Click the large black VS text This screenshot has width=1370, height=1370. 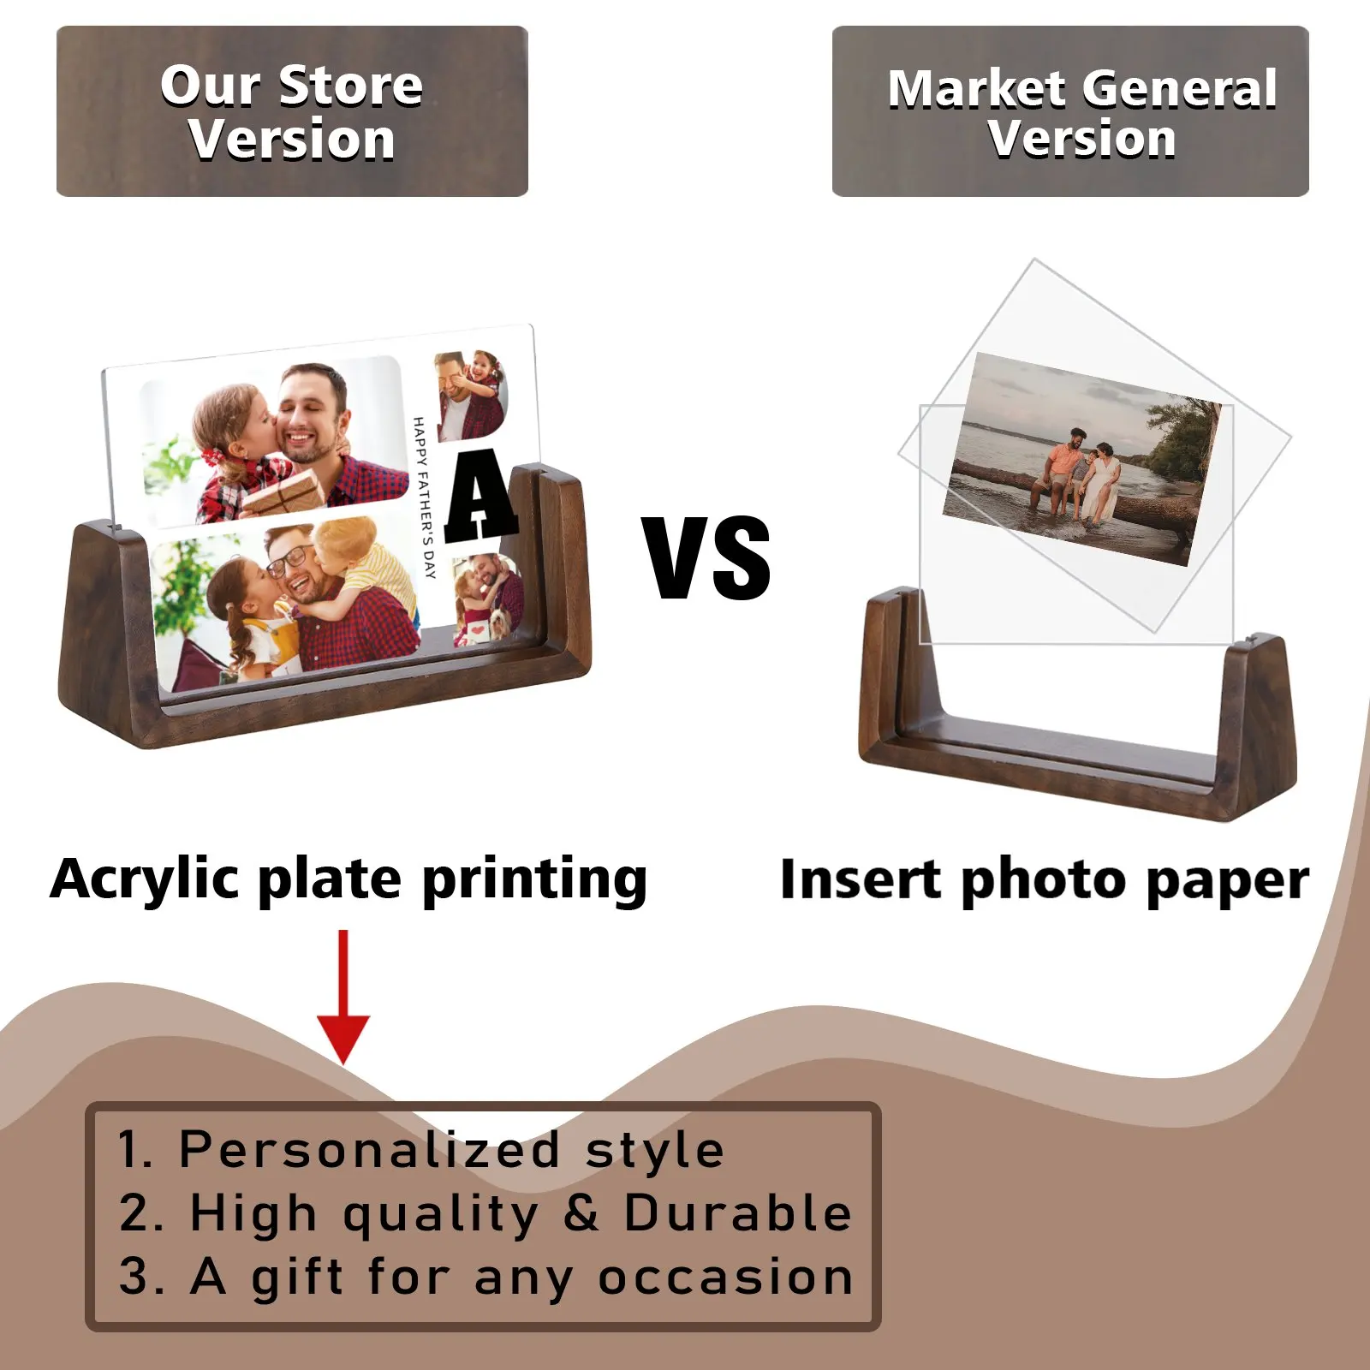pos(707,558)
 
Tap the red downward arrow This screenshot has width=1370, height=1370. pos(343,997)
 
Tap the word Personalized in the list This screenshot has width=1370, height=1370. pos(369,1149)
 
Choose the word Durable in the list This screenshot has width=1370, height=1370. pos(738,1212)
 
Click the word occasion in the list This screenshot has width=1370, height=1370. pos(725,1278)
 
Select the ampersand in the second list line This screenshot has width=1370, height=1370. pos(581,1213)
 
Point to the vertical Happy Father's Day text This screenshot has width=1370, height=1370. pos(425,497)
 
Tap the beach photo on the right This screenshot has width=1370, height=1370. pos(1082,459)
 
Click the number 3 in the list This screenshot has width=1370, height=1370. pos(134,1277)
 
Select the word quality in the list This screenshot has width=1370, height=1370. pos(442,1216)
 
